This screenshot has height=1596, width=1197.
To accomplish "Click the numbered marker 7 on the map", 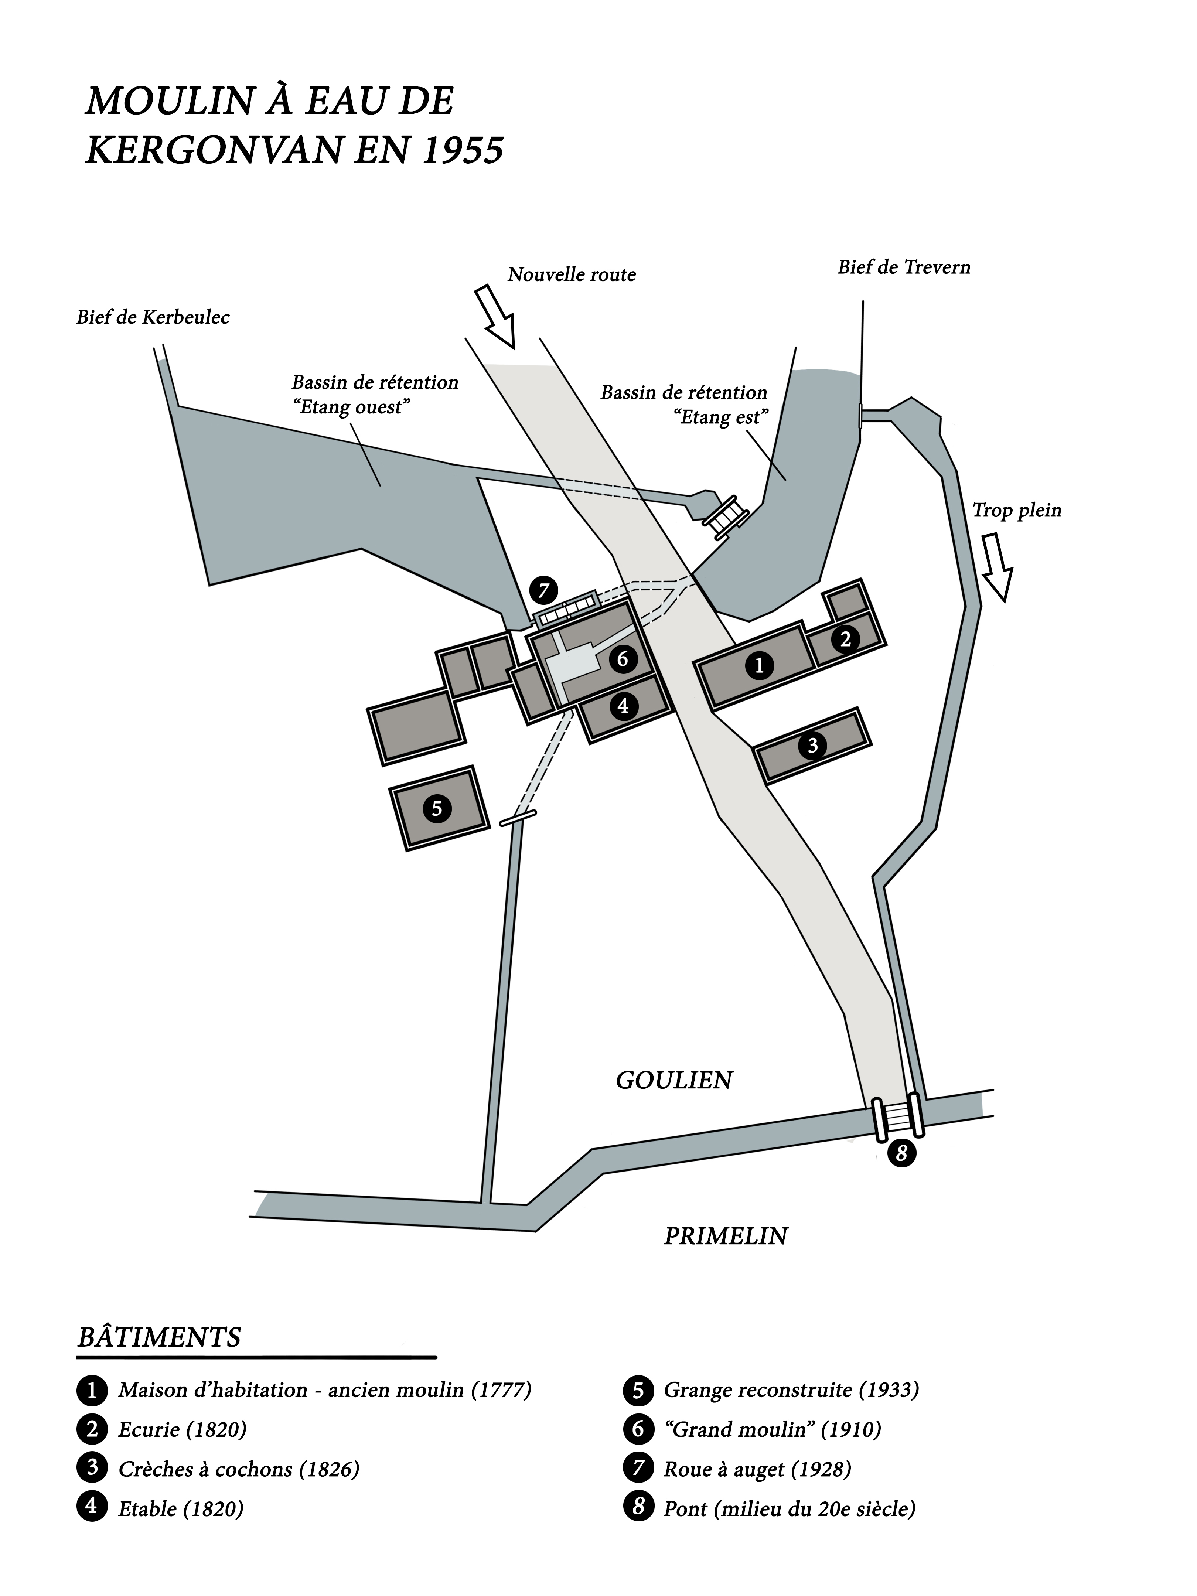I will click(543, 591).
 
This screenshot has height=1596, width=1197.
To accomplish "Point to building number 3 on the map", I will click(812, 745).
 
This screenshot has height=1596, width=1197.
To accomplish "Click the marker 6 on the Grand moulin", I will click(623, 658).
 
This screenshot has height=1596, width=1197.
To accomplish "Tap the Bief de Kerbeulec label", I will click(153, 317).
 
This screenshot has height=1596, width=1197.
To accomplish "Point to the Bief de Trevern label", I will click(903, 267).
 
